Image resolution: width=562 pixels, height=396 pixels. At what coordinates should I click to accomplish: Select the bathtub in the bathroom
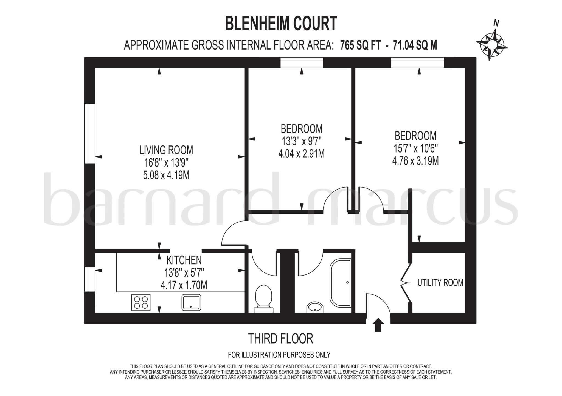point(341,283)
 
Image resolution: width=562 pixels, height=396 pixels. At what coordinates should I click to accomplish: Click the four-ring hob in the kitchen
point(141,302)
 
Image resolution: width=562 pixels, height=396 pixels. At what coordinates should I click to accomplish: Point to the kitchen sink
point(191,302)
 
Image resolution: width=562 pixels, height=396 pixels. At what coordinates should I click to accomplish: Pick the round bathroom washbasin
point(314,307)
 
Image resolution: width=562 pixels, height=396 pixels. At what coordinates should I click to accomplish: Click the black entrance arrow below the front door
point(378,325)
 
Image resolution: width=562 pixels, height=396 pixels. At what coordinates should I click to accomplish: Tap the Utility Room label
point(440,282)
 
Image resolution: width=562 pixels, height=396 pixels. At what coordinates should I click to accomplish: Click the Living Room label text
point(166,150)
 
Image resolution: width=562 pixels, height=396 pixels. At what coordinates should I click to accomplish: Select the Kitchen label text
point(184,260)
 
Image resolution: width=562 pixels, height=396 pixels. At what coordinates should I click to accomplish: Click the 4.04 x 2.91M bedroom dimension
point(301,154)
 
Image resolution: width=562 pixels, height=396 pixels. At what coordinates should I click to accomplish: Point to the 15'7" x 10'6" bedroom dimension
point(415,148)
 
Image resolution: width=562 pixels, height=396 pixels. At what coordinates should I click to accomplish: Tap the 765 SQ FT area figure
point(360,45)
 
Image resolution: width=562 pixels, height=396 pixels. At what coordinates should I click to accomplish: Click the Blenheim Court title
point(281,24)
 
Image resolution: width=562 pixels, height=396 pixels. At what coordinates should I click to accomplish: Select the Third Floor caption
point(280,339)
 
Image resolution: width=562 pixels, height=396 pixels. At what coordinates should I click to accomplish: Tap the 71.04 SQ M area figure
point(415,45)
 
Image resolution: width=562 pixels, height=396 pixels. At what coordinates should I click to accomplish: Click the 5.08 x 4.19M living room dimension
point(166,175)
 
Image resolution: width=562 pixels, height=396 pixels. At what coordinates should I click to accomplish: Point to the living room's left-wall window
point(90,134)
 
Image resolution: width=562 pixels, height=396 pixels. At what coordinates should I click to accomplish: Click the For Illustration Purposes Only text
point(279,355)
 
